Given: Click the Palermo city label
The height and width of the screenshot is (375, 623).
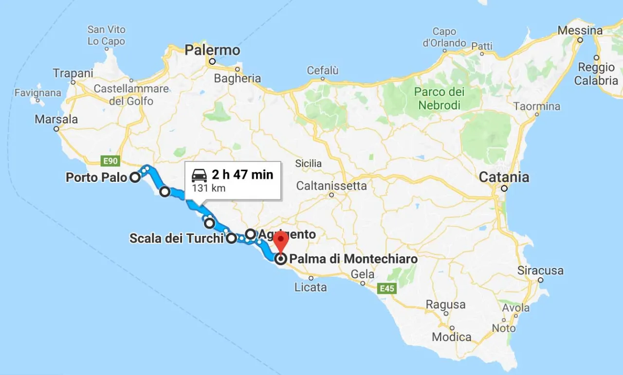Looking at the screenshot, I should (212, 50).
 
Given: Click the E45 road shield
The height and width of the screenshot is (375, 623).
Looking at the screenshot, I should (387, 289).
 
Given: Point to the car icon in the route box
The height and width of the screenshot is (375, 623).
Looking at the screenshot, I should (200, 175).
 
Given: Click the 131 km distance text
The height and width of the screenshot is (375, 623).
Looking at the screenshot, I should (208, 188).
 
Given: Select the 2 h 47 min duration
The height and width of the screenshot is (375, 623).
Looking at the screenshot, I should (242, 175).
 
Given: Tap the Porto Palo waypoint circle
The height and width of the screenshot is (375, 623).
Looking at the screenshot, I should (135, 178).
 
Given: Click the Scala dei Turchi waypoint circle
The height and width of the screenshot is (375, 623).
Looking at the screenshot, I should (231, 238).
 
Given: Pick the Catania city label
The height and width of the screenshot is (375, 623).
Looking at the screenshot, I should (504, 177).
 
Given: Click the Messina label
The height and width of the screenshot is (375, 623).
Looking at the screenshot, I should (580, 30).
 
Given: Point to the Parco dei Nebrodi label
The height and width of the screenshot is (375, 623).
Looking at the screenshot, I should (440, 98).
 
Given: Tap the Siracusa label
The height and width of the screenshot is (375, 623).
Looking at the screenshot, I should (540, 270).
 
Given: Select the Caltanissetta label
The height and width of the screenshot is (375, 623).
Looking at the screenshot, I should (331, 186).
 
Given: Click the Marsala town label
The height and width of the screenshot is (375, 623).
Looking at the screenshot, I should (56, 119).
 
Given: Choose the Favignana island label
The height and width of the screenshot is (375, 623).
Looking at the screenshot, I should (38, 92).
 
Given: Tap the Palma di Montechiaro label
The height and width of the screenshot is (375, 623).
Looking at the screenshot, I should (353, 259).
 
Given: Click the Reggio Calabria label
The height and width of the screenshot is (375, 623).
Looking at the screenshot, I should (597, 74).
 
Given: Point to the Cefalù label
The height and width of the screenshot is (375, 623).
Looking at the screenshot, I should (322, 71).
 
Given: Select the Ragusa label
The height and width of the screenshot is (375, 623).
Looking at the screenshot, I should (445, 304).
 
